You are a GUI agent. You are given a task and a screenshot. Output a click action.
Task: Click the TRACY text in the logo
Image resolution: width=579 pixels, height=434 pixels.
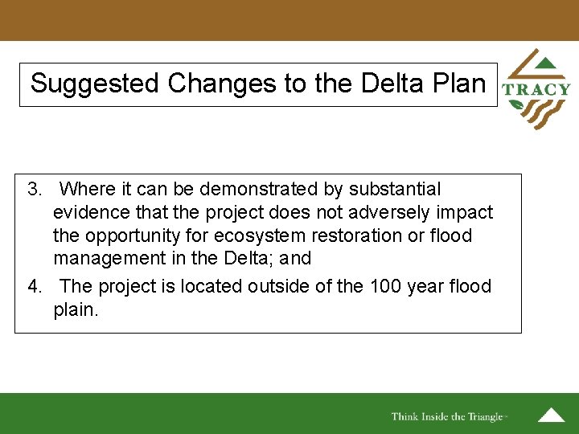pyautogui.click(x=536, y=90)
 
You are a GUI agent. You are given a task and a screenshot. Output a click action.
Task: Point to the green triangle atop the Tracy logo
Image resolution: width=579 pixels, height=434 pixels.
pyautogui.click(x=544, y=63)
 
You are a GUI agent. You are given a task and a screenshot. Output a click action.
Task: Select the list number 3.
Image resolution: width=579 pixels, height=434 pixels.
pyautogui.click(x=34, y=190)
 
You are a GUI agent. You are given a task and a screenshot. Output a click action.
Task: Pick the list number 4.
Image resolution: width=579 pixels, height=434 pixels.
pyautogui.click(x=34, y=286)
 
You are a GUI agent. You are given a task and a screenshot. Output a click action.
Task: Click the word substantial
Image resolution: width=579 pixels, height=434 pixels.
pyautogui.click(x=394, y=190)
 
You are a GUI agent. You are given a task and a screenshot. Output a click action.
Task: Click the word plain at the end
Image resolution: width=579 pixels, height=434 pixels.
pyautogui.click(x=74, y=310)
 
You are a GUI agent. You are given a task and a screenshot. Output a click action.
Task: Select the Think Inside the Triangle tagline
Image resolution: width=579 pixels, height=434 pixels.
pyautogui.click(x=447, y=416)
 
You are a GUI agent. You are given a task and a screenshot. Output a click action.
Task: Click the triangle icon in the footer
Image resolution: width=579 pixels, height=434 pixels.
pyautogui.click(x=551, y=416)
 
